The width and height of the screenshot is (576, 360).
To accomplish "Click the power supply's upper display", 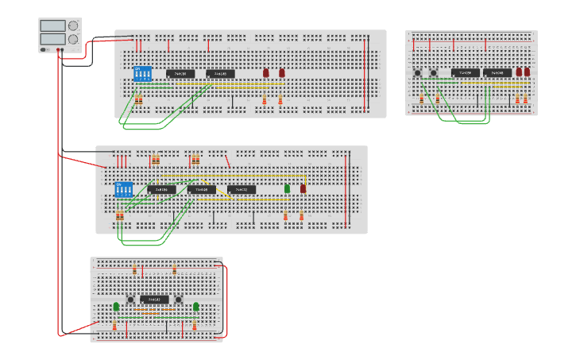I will (52, 25).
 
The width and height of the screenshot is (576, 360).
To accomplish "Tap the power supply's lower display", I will (52, 38).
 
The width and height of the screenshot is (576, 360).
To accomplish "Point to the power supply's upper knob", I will (74, 25).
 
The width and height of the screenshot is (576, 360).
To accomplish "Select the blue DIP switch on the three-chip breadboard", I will (124, 190).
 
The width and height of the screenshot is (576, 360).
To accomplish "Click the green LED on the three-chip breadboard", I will (288, 188).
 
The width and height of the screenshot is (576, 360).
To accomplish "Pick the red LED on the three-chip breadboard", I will (303, 188).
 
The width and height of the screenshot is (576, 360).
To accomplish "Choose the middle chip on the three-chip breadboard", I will (202, 189).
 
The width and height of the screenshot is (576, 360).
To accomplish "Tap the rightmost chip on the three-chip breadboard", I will (242, 189).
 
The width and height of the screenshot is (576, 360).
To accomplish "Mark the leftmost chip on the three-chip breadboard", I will (161, 189).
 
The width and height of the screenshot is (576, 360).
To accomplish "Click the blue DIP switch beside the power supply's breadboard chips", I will (143, 74).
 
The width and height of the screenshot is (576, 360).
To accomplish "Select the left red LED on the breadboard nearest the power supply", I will (267, 72).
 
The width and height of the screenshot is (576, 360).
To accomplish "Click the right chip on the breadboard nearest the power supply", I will (220, 74).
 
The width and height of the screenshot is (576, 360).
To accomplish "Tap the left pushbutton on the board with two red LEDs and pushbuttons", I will (418, 73).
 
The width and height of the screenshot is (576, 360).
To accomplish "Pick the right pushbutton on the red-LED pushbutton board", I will (434, 73).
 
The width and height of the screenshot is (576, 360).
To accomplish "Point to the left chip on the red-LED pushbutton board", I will (466, 73).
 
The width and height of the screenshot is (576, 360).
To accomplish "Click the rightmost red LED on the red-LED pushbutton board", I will (527, 72).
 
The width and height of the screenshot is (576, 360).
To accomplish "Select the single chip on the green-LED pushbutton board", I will (155, 300).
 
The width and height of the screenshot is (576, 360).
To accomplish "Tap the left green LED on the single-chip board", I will (116, 306).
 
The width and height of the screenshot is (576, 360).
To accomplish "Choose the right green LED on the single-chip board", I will (195, 306).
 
